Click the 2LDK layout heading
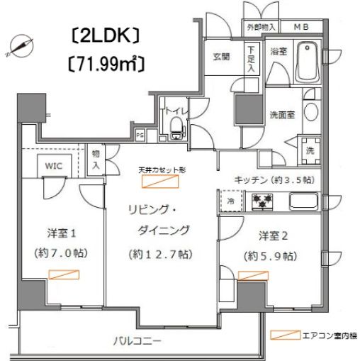pos(106,35)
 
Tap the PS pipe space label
pos(140,133)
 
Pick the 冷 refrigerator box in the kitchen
pos(231,201)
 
